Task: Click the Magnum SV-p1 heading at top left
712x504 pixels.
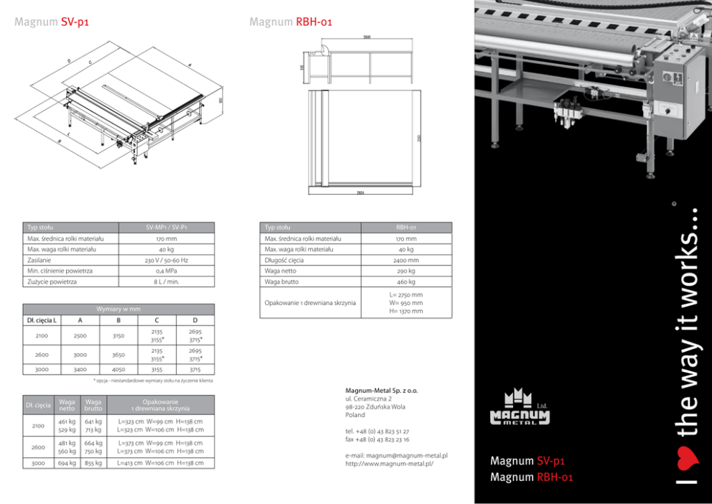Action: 51,22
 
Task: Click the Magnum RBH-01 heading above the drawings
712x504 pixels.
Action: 291,22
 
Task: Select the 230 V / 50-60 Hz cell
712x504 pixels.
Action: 166,260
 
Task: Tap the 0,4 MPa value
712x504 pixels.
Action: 166,271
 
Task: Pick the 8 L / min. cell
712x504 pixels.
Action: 166,282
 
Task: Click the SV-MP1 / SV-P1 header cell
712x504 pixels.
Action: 166,227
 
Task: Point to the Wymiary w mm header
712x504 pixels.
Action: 118,309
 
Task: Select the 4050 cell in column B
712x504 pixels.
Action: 118,370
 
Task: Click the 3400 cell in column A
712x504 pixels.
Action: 80,370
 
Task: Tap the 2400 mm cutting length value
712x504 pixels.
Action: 406,260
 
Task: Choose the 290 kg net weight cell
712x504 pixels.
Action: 406,271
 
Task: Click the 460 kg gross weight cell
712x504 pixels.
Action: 406,282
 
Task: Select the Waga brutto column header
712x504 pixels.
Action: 93,405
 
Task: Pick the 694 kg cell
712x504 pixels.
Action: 67,463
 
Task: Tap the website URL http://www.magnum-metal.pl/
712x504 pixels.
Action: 389,464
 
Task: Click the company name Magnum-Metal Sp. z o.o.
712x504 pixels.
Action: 381,391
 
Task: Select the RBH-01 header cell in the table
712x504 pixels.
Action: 406,227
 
